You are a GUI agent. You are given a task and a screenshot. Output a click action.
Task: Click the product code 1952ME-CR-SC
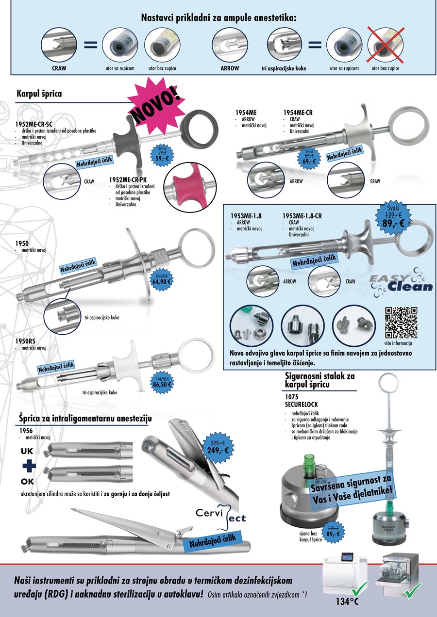(x=34, y=124)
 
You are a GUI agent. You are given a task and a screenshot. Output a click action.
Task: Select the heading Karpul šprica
(x=39, y=94)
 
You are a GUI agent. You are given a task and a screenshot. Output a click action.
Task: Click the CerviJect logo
(x=221, y=515)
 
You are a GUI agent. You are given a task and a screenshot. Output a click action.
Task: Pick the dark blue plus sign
(x=29, y=466)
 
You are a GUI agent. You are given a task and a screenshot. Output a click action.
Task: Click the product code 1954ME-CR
(x=298, y=113)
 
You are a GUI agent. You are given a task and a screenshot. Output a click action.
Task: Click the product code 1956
(x=26, y=430)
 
